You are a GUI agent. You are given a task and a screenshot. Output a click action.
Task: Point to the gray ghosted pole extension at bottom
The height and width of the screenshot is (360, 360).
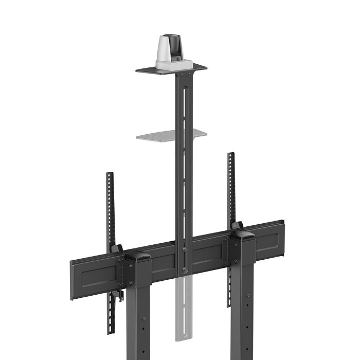tap(183, 309)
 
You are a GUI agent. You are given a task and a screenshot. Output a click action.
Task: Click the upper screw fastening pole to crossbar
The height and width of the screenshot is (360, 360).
tap(185, 250)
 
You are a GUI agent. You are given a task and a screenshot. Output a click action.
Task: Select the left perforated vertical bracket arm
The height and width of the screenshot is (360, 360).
tap(109, 206)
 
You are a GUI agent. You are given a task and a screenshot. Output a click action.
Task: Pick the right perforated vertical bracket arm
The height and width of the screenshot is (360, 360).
tap(231, 185)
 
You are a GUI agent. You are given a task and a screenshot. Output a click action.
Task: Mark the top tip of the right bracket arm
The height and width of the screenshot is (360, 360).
tap(231, 155)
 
